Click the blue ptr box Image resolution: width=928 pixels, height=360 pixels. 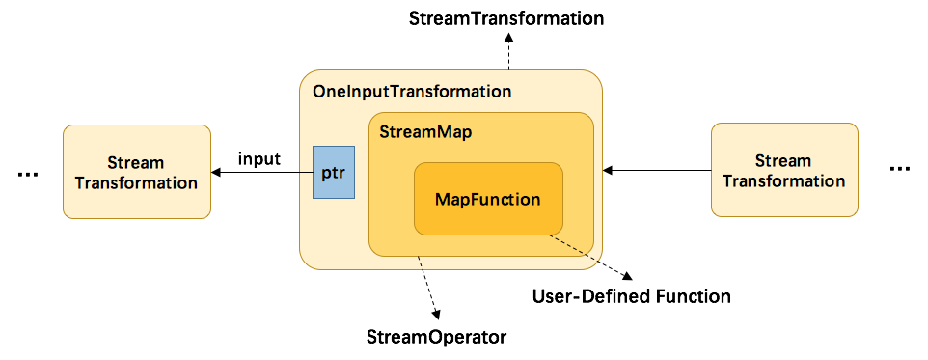[334, 173]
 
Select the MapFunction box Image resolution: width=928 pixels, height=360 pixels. [488, 199]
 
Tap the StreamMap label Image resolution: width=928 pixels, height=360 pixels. [425, 132]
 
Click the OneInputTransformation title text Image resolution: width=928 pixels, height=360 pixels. [412, 93]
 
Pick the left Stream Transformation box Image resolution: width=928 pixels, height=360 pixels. [136, 172]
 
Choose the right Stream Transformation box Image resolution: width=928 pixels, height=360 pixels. [784, 170]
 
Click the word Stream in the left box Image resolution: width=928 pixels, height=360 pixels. [136, 162]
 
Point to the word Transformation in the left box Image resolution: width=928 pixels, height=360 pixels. [136, 182]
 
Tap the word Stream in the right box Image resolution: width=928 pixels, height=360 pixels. [783, 160]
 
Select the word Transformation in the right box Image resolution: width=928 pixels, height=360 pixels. [784, 180]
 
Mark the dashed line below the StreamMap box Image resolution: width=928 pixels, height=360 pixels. [420, 263]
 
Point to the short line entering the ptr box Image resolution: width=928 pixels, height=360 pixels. [306, 173]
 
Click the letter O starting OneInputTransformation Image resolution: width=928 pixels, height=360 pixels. [319, 93]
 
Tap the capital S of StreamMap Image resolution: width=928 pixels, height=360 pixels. [384, 132]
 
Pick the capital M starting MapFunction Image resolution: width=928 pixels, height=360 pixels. [442, 200]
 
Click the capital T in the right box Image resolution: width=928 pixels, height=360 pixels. [726, 180]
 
